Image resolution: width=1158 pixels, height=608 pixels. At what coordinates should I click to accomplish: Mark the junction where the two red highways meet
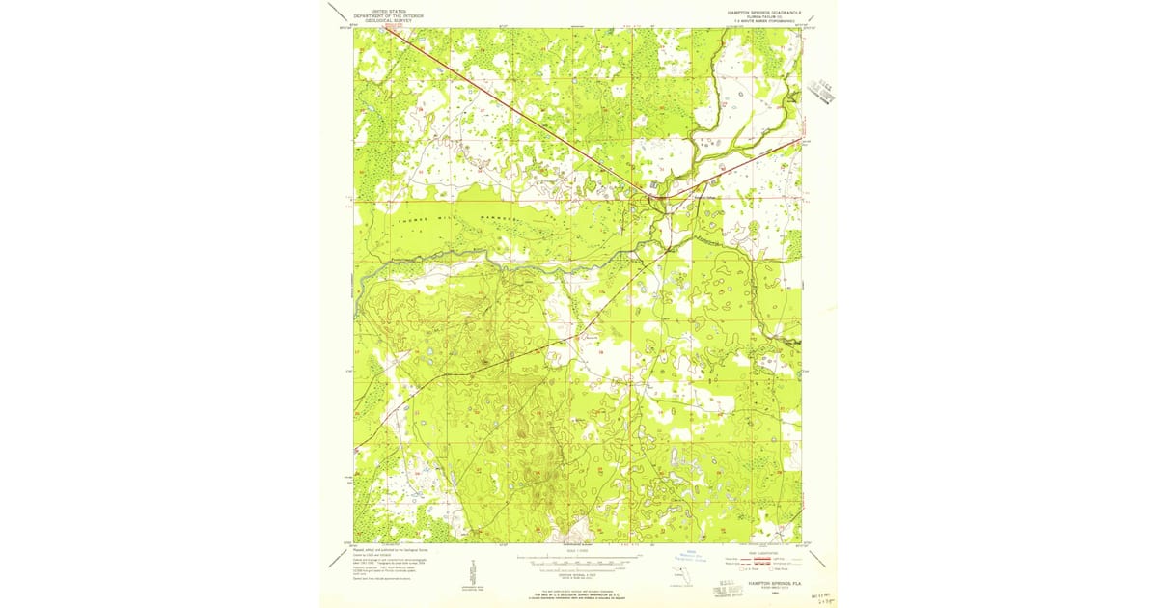point(655,198)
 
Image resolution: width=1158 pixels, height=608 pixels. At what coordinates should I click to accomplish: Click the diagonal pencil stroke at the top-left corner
point(339,14)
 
